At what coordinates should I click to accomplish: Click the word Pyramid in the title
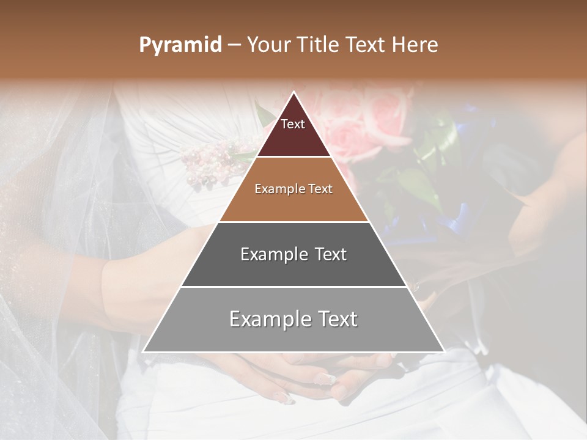pos(180,45)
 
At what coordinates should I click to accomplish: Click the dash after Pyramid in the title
pos(234,45)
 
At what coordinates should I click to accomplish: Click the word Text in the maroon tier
pos(293,124)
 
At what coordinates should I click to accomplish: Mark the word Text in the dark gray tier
pos(331,254)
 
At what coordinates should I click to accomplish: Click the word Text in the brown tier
pos(321,189)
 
